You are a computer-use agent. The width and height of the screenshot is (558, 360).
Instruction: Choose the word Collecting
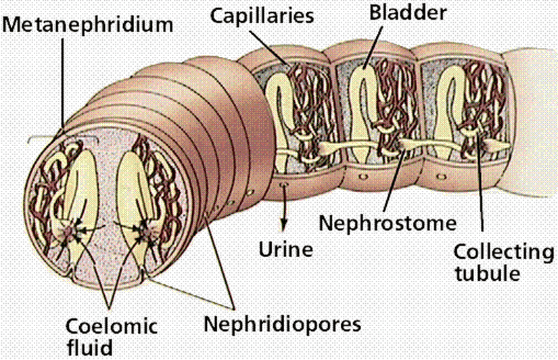click(x=503, y=252)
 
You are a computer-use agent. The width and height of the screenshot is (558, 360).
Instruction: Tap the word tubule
click(x=487, y=274)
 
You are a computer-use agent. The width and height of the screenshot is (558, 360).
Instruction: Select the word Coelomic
click(x=111, y=326)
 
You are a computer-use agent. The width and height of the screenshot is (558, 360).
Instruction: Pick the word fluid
click(x=87, y=346)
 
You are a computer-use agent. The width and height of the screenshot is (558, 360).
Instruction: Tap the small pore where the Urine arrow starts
click(x=283, y=183)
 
